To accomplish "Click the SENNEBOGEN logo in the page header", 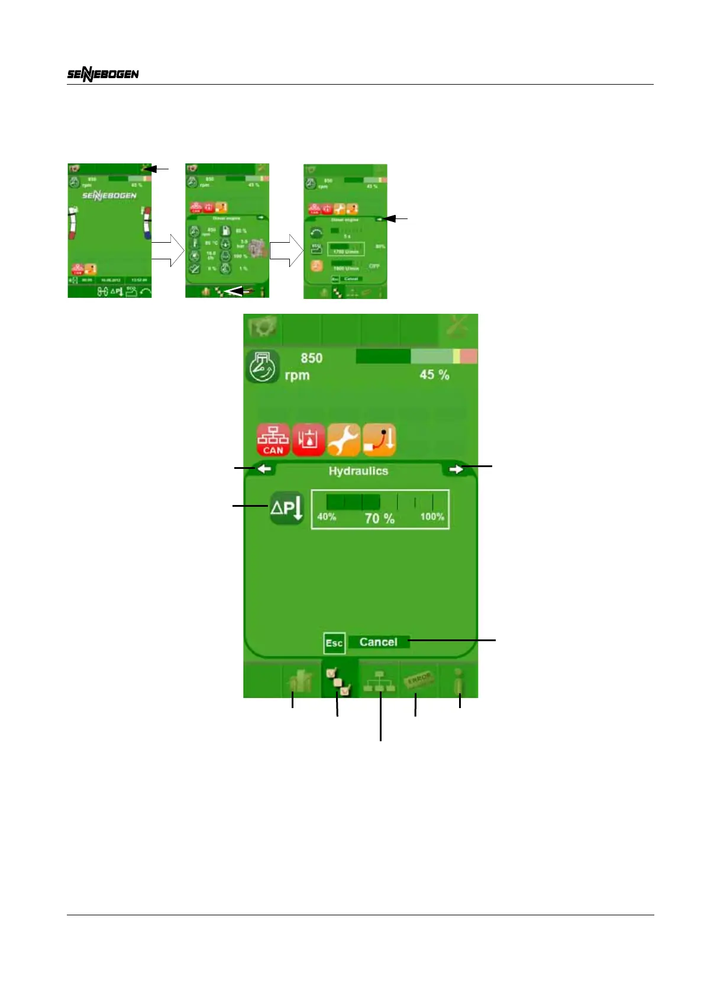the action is click(x=102, y=74).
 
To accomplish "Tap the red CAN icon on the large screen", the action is click(x=273, y=439).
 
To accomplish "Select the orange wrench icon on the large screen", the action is click(x=344, y=439).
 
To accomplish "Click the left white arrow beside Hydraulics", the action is click(x=264, y=469).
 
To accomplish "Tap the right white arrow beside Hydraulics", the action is click(x=456, y=469).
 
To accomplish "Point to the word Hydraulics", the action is click(x=358, y=471).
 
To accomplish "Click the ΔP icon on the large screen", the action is click(x=286, y=508).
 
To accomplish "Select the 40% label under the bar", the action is click(x=327, y=517).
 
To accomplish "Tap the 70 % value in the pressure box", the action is click(x=379, y=519).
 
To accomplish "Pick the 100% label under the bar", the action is click(x=432, y=517).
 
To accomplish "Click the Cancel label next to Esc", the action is click(x=378, y=642).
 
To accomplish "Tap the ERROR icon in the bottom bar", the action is click(x=419, y=680).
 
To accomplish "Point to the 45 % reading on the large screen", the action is click(x=434, y=375).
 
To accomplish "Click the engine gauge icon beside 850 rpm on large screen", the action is click(x=262, y=366).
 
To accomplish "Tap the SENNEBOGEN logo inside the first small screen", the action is click(x=109, y=195).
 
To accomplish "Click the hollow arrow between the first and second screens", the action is click(x=168, y=250).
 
